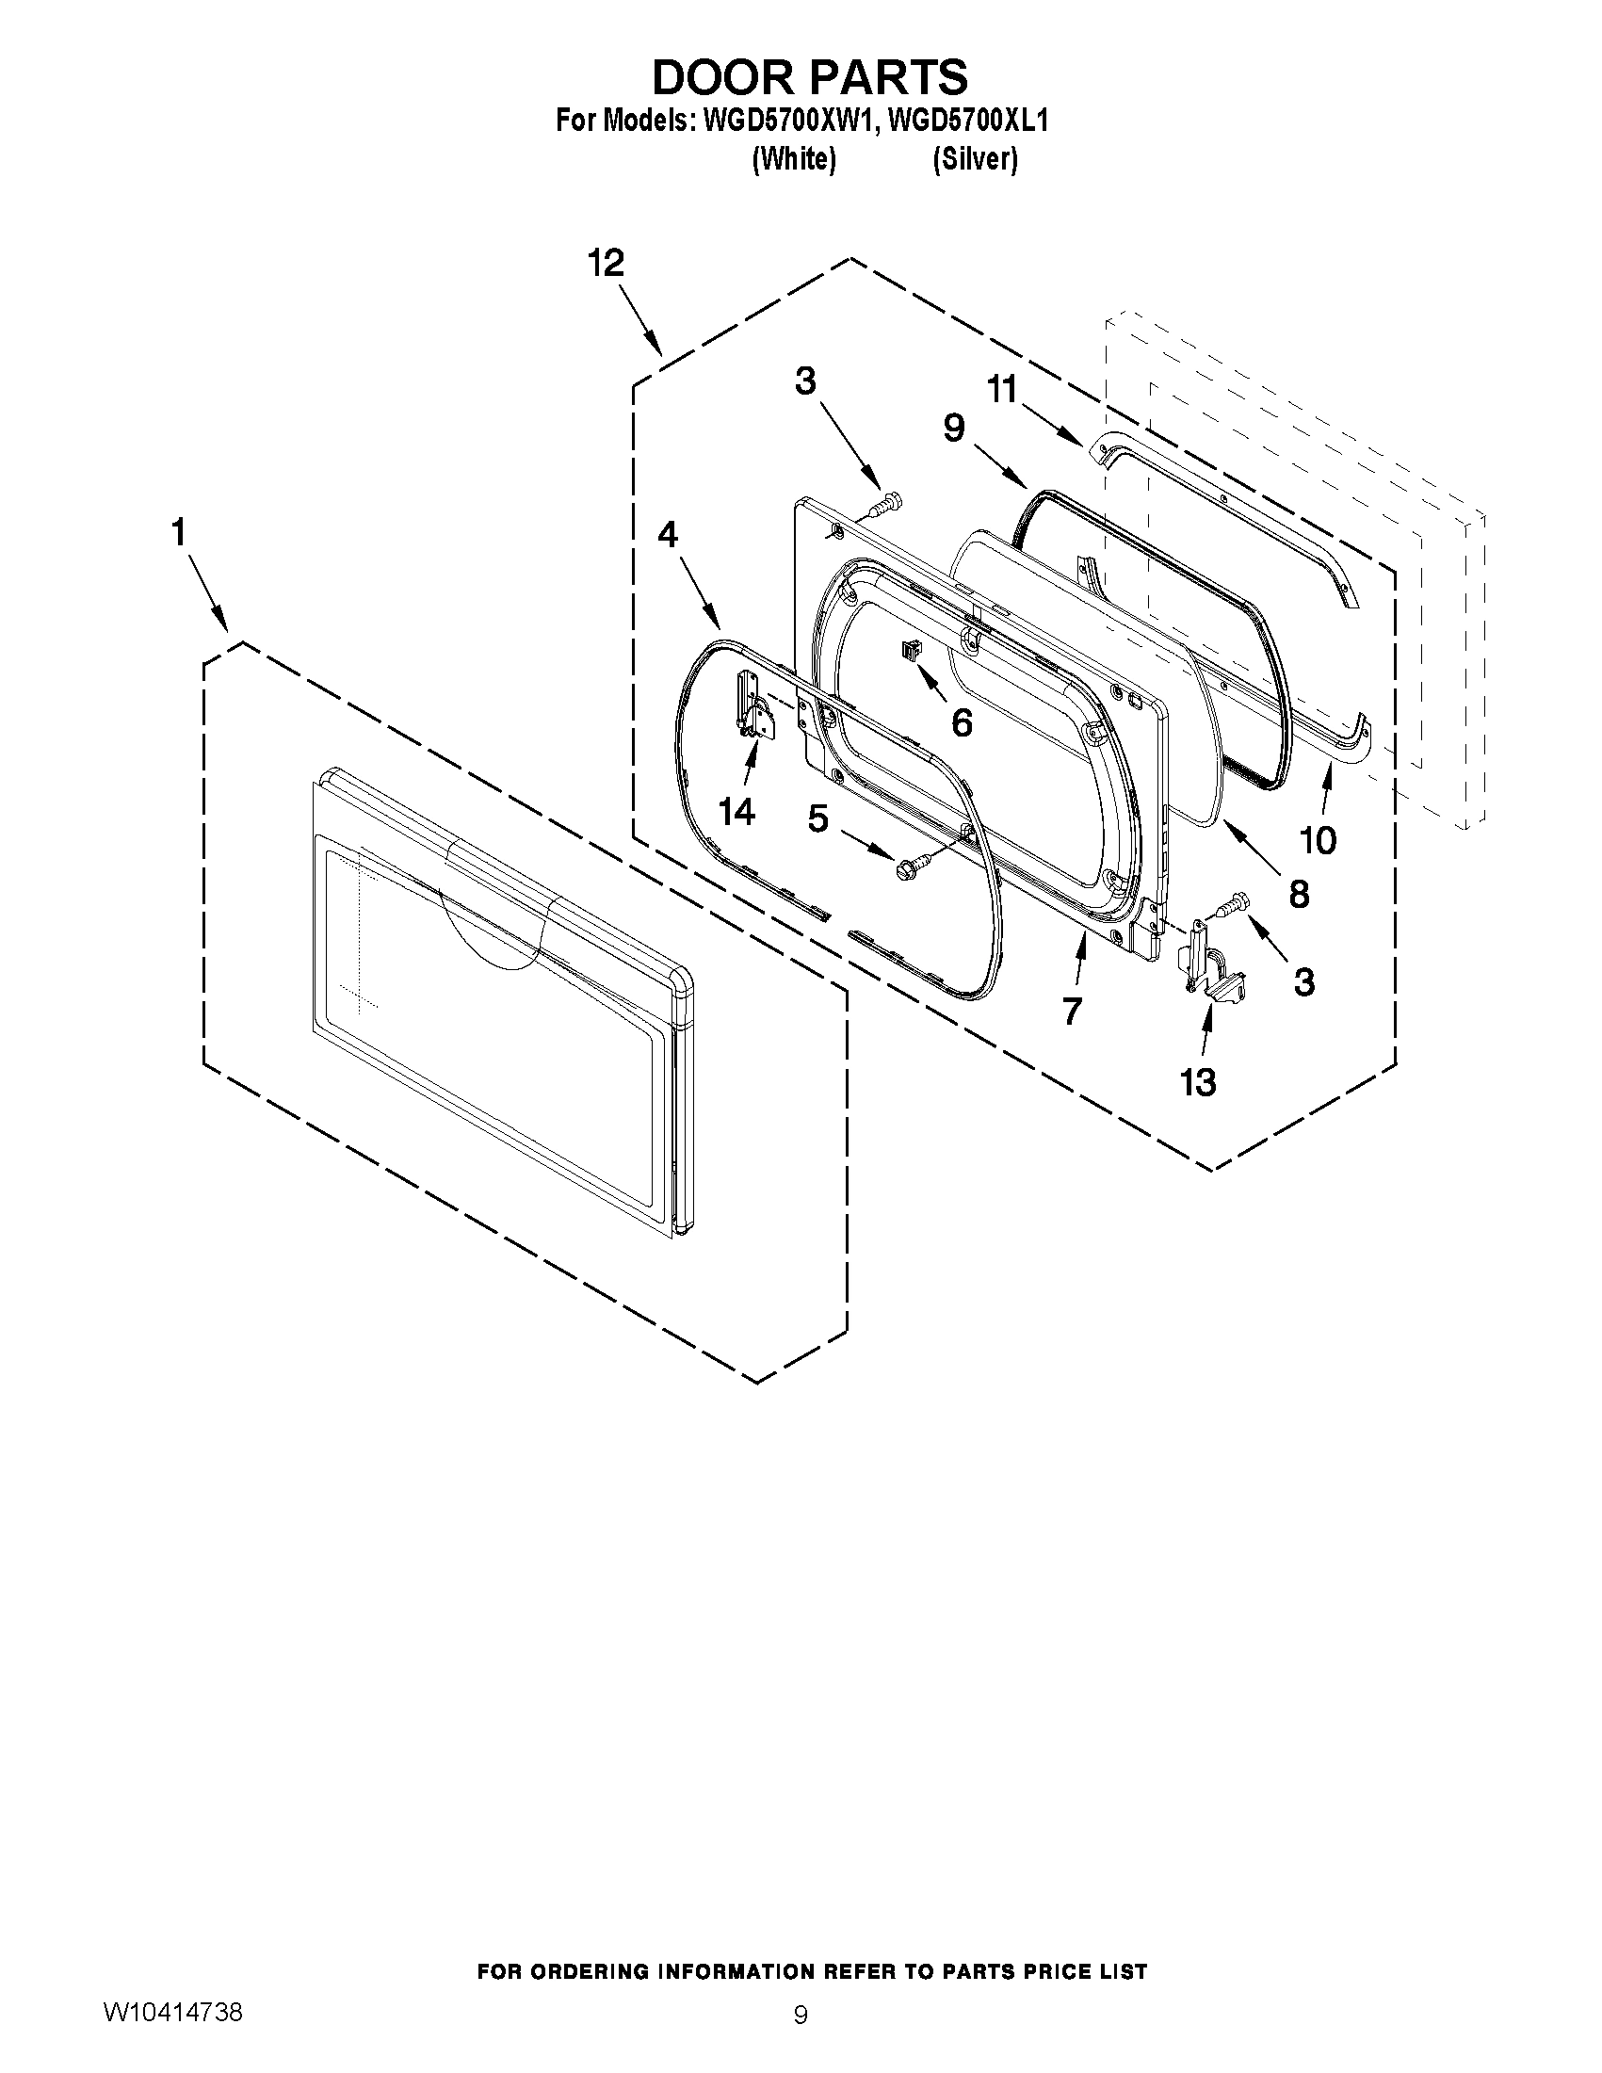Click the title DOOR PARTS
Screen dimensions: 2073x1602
[x=810, y=76]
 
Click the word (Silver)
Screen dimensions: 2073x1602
[x=975, y=159]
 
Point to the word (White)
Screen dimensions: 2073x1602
[x=793, y=159]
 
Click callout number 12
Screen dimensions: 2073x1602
[x=606, y=263]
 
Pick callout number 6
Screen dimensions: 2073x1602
[x=962, y=723]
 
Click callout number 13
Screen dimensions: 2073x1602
[x=1197, y=1081]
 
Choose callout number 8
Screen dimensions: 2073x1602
[x=1299, y=893]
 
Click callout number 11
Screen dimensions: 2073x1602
[x=1001, y=389]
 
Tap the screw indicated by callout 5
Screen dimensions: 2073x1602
[x=905, y=866]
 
